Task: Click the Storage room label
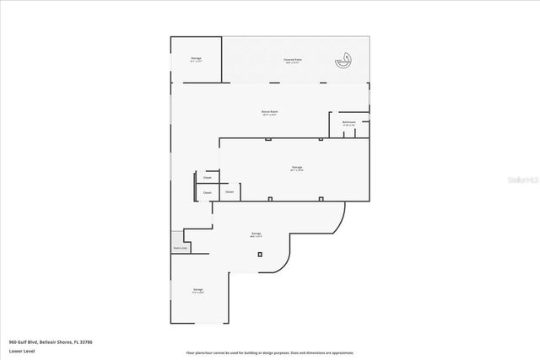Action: coord(196,59)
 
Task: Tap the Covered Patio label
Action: coord(294,59)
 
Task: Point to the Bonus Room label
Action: coord(270,112)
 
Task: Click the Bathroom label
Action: coord(348,123)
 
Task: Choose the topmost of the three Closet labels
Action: coord(208,178)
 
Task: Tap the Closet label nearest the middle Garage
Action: coord(229,192)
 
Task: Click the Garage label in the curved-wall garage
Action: coord(256,234)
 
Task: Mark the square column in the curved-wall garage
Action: coord(261,254)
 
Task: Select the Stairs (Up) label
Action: coord(179,249)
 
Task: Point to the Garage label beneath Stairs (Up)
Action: coord(197,290)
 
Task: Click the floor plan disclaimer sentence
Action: coord(269,352)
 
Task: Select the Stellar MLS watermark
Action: coord(517,179)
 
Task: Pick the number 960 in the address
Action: coord(13,342)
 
